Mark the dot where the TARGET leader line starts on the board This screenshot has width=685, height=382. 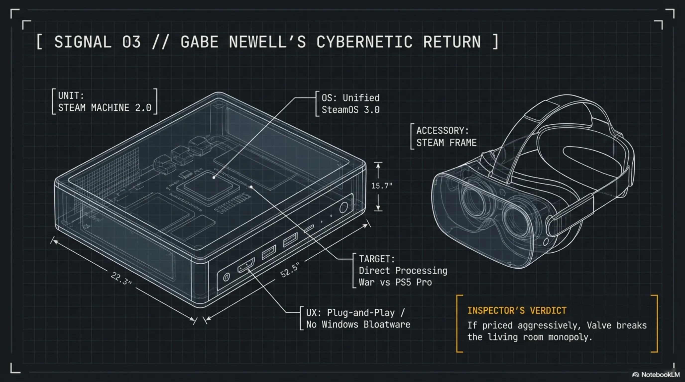[x=251, y=187]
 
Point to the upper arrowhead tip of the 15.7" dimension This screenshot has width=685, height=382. [x=378, y=163]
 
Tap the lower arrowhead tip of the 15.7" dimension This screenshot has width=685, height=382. [x=378, y=210]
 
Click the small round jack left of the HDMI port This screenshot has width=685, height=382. [x=226, y=277]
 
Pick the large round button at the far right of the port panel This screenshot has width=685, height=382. [x=343, y=207]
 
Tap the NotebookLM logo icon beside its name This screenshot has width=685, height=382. [x=636, y=375]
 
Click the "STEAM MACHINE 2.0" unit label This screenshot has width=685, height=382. [x=105, y=108]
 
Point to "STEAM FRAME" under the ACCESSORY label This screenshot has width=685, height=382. [x=446, y=143]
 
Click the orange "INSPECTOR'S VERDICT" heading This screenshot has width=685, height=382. [x=517, y=311]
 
